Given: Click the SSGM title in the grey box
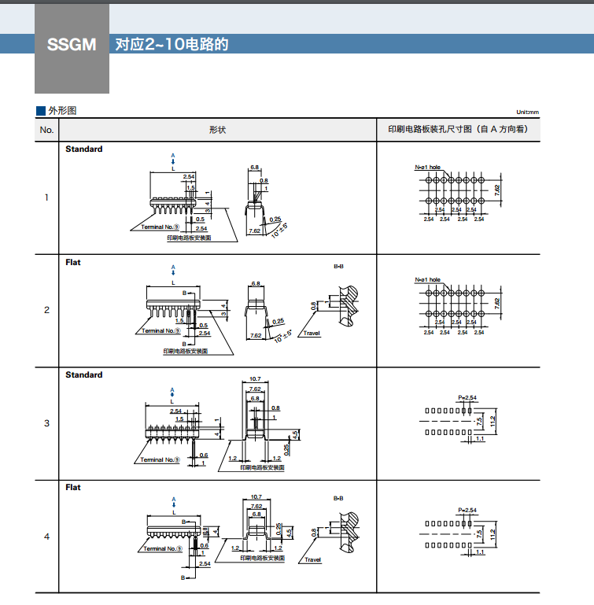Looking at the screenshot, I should [x=72, y=45].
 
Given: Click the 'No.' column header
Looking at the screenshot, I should [x=46, y=130].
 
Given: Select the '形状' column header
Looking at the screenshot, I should [x=217, y=130].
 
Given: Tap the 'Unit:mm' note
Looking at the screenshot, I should [x=528, y=113].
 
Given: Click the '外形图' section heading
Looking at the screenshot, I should [x=62, y=111].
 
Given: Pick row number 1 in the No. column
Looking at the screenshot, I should [x=46, y=197].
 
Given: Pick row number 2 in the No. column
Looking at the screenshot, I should [x=46, y=309].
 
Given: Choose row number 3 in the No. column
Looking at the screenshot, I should [x=46, y=423].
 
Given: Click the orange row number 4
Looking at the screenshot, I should [x=46, y=537].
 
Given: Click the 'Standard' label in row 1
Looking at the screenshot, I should [x=83, y=149].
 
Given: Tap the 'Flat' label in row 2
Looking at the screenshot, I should [x=73, y=262].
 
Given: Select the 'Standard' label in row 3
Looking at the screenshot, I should [x=83, y=374].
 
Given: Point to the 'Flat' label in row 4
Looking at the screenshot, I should [x=73, y=487].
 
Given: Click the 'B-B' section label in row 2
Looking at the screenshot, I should [x=338, y=267].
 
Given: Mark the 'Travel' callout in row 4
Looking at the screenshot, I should [x=312, y=560].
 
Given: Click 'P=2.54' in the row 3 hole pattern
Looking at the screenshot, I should [x=467, y=398].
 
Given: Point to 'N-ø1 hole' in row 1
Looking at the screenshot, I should [x=428, y=168].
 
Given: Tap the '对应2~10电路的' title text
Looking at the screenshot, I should [x=172, y=44].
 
